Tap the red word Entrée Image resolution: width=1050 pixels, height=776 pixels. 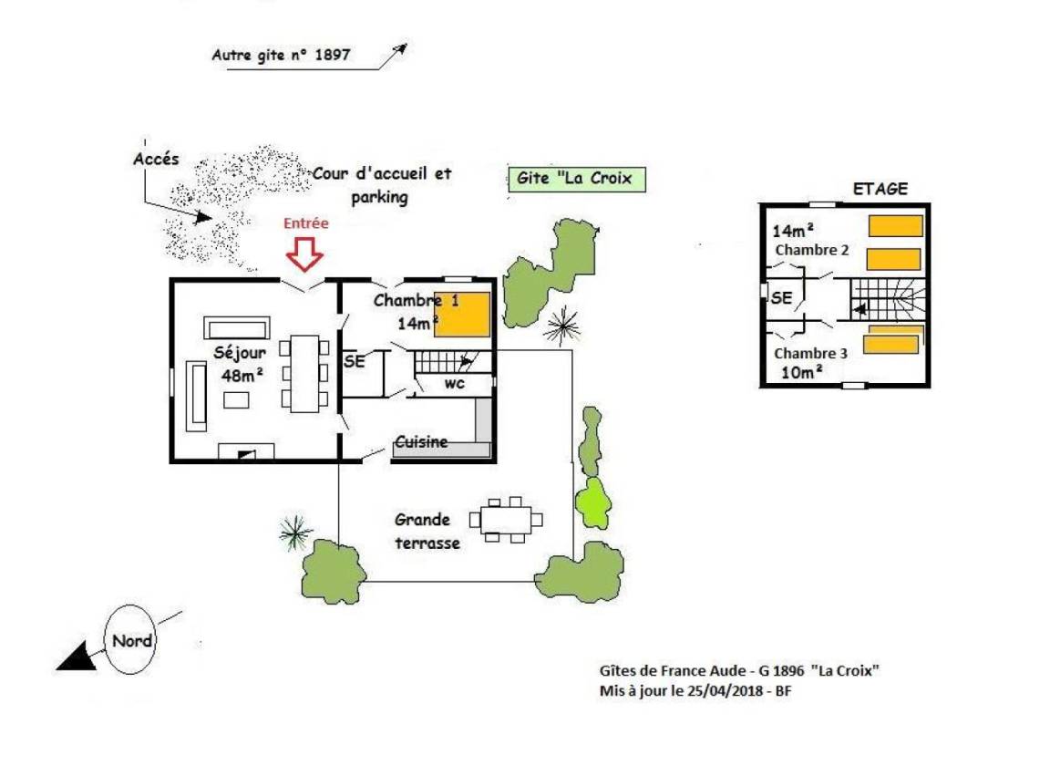coord(305,222)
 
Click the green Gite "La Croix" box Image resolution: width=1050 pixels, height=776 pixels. coord(575,179)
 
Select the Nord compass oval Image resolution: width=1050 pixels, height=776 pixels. coord(131,640)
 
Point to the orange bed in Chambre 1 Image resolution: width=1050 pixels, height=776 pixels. coord(462,315)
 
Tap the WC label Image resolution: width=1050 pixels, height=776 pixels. coord(454,384)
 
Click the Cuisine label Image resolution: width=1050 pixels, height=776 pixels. coord(421,442)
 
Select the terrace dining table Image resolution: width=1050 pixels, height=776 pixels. coord(506,520)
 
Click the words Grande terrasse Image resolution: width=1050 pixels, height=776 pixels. coord(425,531)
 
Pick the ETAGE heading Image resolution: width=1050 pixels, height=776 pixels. coord(880,189)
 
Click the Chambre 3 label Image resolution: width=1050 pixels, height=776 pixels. coord(806,354)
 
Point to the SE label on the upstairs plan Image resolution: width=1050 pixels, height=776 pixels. coord(781,298)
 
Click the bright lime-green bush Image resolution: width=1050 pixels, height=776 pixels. coord(593,502)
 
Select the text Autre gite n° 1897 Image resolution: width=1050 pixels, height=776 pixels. coord(281,55)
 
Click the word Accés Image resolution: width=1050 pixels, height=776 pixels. coord(156,159)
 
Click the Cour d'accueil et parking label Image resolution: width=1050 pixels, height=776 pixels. coord(382,185)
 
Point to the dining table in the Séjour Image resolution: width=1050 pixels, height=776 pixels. coord(305,371)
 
